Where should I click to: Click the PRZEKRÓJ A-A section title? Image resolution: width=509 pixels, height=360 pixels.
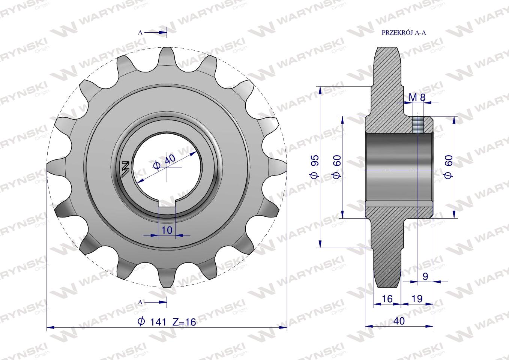[x=403, y=33]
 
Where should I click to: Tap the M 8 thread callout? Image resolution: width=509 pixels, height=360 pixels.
[x=417, y=97]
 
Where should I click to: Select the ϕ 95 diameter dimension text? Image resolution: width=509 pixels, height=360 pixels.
[x=314, y=166]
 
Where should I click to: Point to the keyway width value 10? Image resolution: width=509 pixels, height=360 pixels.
[x=167, y=230]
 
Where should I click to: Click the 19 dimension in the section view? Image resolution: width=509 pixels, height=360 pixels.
[x=417, y=298]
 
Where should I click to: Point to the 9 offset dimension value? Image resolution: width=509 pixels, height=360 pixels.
[x=425, y=276]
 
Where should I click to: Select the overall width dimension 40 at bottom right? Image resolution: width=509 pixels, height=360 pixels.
[x=399, y=321]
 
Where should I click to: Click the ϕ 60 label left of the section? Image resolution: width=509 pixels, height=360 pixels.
[x=336, y=166]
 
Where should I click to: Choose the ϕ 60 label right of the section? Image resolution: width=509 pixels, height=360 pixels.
[x=448, y=166]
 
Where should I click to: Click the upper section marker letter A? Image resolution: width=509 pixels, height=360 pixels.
[x=140, y=33]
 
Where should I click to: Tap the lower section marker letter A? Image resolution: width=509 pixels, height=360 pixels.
[x=140, y=302]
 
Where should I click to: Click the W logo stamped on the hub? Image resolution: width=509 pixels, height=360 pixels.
[x=125, y=169]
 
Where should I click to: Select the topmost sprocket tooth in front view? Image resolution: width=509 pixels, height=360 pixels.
[x=167, y=56]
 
